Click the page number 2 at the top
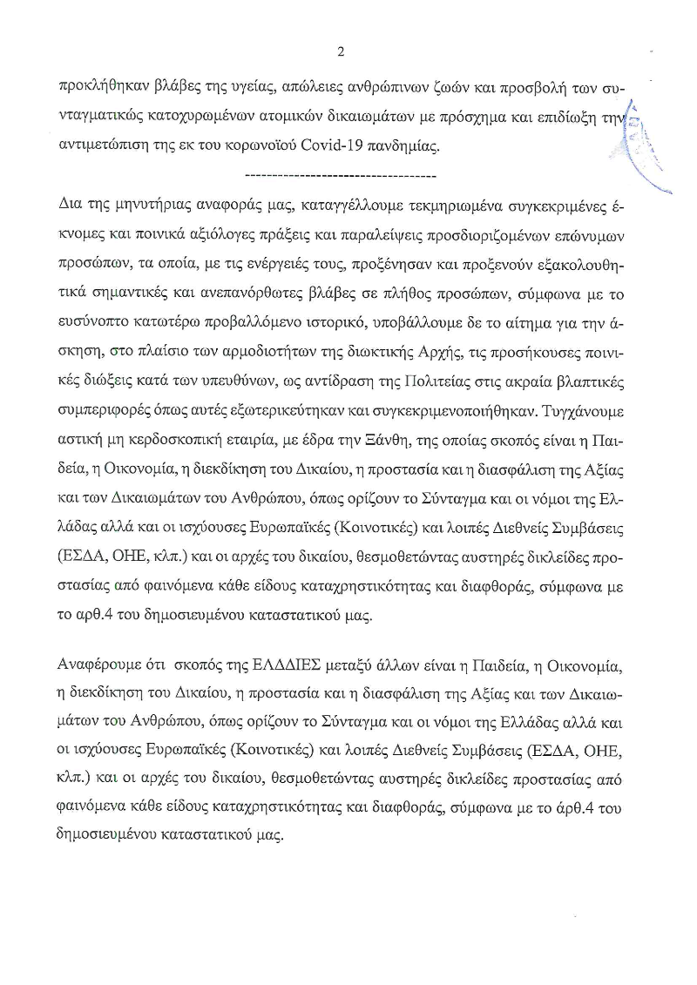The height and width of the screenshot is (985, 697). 341,51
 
